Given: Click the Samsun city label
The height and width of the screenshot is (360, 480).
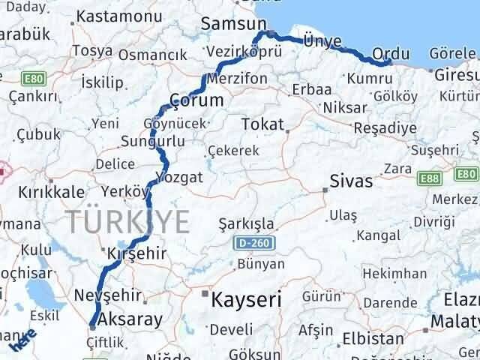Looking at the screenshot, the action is pos(229,23).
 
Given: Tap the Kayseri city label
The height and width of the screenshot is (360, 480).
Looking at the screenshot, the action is pos(247,300).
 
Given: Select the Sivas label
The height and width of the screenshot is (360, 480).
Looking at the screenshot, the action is pos(352,181).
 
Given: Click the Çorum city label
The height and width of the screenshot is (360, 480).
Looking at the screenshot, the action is pos(196,100).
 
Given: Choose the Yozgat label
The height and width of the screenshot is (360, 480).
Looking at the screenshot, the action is pos(178,177).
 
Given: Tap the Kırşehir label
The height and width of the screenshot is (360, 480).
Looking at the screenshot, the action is pos(137,253).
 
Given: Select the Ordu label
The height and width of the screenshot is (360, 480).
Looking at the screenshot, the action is pos(391,54).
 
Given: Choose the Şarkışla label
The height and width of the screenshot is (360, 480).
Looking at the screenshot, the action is pos(246,223).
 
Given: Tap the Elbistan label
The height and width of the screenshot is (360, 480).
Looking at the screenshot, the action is pos(367,338).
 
